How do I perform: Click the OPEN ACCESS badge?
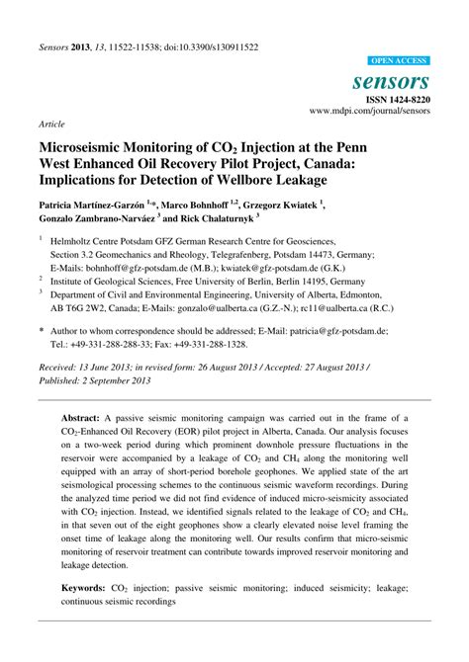tap(399, 61)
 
